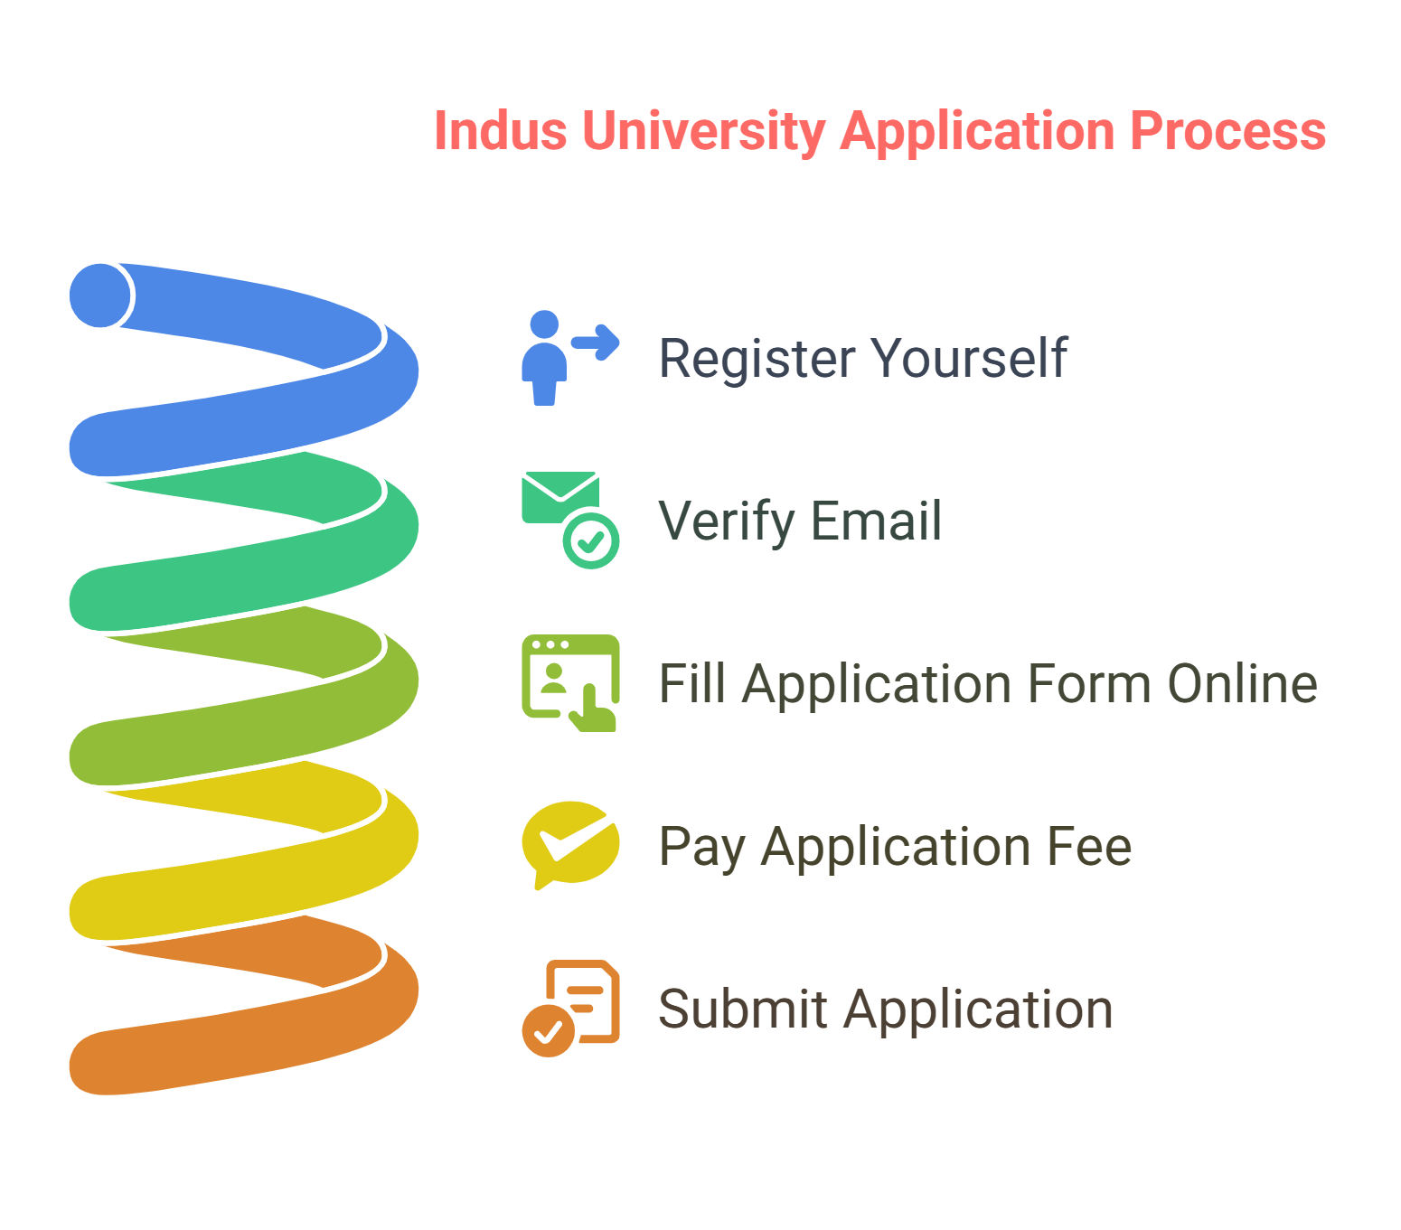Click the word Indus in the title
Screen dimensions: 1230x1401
(500, 131)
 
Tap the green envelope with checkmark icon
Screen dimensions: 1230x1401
(570, 520)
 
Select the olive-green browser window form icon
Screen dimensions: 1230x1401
(570, 683)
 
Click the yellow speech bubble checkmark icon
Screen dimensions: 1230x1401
(570, 845)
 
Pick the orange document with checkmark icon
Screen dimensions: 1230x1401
(570, 1008)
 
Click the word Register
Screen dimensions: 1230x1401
(757, 359)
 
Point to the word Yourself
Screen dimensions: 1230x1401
(970, 358)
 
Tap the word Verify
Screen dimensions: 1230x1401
(726, 521)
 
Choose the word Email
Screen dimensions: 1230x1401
(876, 521)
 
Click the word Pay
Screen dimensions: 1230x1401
(701, 848)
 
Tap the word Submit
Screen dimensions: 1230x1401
(742, 1009)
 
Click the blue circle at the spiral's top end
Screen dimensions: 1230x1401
(100, 296)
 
